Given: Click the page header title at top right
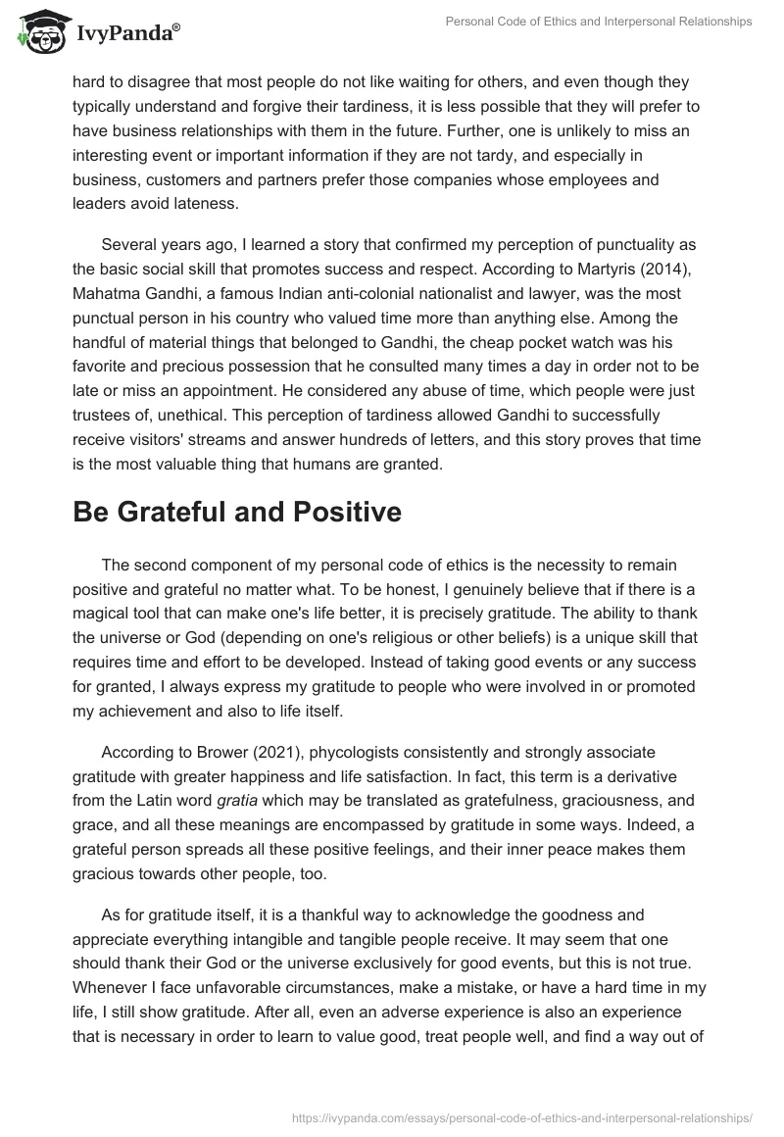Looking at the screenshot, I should [x=600, y=21].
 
